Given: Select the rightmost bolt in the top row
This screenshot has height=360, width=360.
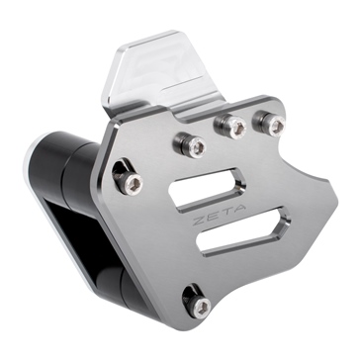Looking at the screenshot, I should pos(264,122).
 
